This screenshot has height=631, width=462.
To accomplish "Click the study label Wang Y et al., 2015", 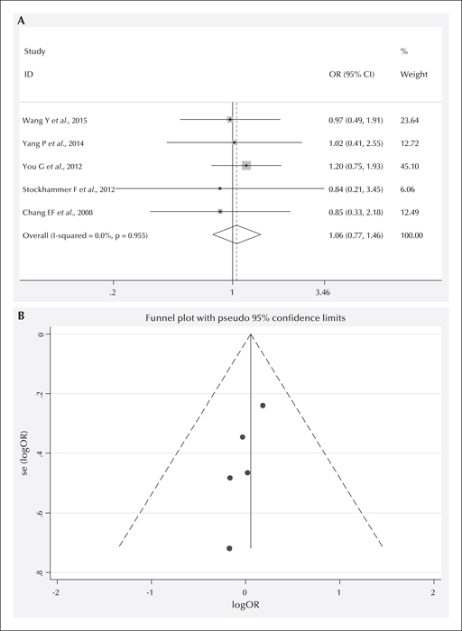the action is [x=55, y=120].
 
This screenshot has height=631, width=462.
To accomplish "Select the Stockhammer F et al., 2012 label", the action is [x=69, y=189].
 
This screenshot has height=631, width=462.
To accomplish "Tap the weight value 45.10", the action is [x=410, y=166].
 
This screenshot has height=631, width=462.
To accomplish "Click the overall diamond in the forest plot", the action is [x=236, y=234].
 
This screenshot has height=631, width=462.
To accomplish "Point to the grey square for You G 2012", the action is [x=246, y=165].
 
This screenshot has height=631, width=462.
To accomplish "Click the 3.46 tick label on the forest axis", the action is [x=323, y=293].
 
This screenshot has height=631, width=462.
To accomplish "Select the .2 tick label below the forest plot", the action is [x=113, y=293].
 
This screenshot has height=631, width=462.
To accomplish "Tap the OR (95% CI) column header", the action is [x=352, y=75].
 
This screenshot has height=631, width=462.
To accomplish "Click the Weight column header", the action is [x=414, y=75].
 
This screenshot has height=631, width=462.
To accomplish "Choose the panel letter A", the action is [x=21, y=22].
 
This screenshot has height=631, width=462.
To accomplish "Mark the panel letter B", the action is [x=21, y=315].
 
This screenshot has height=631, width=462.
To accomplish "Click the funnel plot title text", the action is [x=245, y=318].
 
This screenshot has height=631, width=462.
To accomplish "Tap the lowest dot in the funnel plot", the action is [x=229, y=548].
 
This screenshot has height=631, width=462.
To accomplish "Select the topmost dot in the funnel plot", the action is [x=263, y=406].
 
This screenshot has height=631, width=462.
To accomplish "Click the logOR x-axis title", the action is [x=245, y=604].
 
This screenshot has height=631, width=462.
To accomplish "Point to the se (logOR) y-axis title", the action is [x=24, y=453].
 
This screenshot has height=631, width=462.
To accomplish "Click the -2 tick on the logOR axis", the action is [x=57, y=592].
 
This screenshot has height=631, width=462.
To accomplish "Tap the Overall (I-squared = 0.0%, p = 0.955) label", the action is [x=85, y=235].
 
